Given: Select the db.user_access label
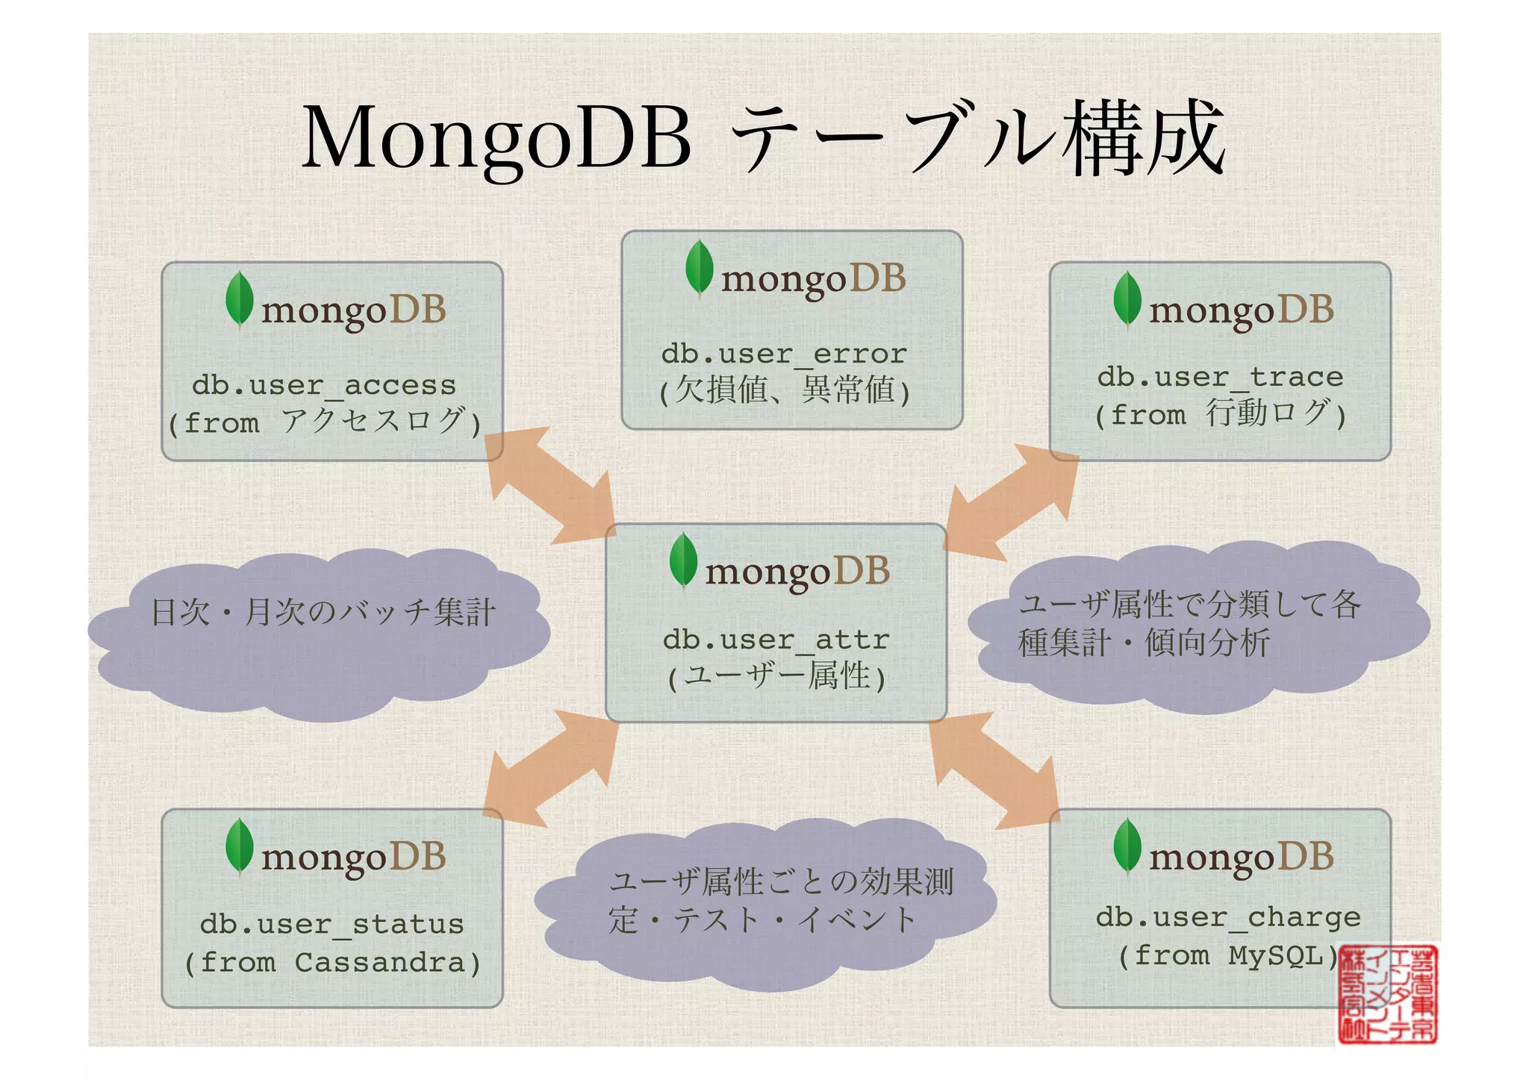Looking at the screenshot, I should [324, 385].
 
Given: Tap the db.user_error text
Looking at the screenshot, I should [784, 354].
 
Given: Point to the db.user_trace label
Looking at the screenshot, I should [1220, 377].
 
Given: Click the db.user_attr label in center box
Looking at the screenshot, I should [776, 640].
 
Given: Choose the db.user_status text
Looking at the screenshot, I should [331, 924].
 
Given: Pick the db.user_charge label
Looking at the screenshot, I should [1227, 917].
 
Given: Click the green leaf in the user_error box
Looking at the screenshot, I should [699, 267].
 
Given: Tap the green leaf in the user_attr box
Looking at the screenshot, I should [683, 560].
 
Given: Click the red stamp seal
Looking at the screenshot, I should [1387, 994].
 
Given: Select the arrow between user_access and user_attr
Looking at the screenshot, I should [551, 485].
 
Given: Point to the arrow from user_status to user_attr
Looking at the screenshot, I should [551, 769].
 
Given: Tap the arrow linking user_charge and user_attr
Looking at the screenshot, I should [994, 770].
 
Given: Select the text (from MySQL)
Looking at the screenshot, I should [1227, 955].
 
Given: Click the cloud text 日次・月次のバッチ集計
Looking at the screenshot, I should [323, 613].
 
